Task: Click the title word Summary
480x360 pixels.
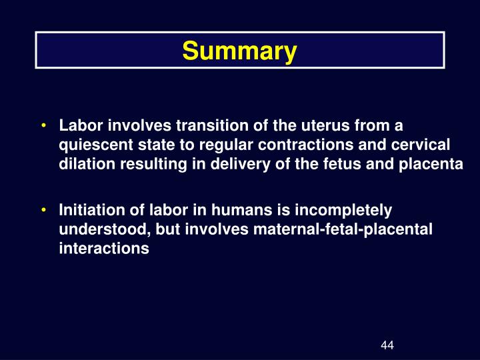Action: point(239,51)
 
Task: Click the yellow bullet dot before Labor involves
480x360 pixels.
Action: point(43,125)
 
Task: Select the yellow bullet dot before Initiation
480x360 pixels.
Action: point(43,211)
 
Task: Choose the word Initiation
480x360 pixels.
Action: point(89,211)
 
